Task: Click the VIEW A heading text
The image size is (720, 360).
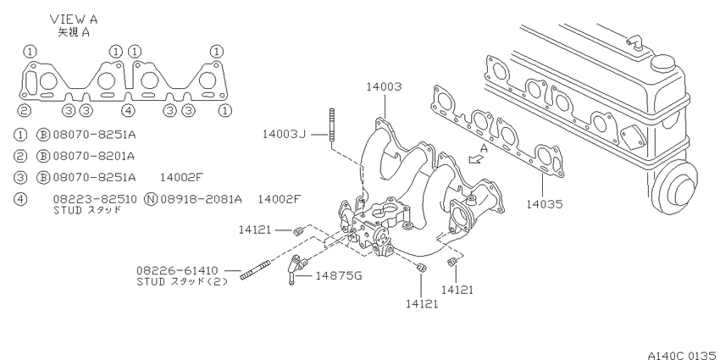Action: (74, 19)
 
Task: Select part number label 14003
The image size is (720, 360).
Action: (384, 86)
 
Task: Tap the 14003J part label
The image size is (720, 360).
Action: (284, 134)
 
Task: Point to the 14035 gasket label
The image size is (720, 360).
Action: (544, 203)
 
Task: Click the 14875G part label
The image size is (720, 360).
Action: (339, 275)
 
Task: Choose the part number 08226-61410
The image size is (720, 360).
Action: (177, 270)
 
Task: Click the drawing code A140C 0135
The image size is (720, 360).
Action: (683, 355)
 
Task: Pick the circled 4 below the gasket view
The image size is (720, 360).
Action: (129, 110)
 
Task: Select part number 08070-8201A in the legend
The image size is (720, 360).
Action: (94, 156)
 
